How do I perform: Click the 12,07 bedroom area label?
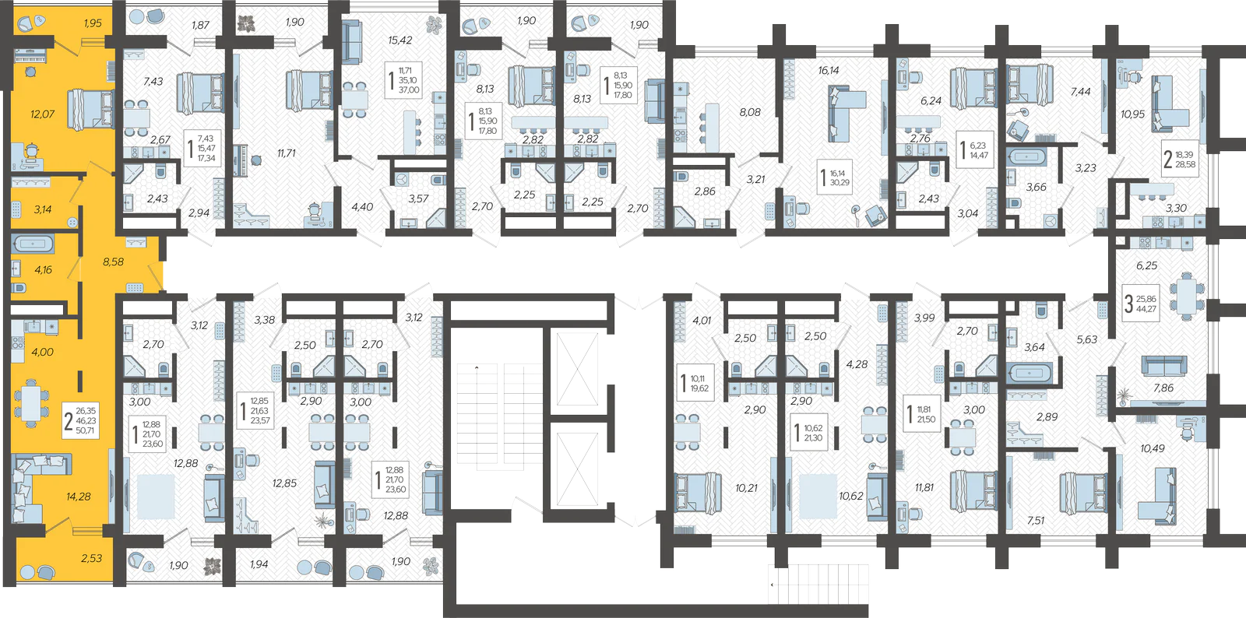click(x=42, y=114)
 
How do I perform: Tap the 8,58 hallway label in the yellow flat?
click(x=114, y=262)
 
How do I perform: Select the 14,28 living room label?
click(x=79, y=497)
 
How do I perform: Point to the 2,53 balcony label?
click(x=92, y=558)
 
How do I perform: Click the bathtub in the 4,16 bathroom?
click(x=33, y=244)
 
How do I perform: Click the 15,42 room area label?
click(x=400, y=40)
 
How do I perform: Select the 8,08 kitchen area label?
click(x=750, y=112)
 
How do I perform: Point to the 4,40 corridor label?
click(x=362, y=207)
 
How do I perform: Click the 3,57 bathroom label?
click(x=418, y=199)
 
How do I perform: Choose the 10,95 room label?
click(x=1132, y=114)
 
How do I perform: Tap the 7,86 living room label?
click(x=1163, y=388)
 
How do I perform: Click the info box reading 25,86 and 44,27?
click(x=1140, y=304)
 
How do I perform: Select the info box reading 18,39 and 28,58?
click(x=1179, y=160)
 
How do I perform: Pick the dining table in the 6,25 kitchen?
click(x=1186, y=297)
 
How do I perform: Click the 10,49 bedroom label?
click(x=1152, y=448)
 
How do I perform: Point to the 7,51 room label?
click(x=1036, y=521)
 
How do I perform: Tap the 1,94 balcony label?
click(x=259, y=564)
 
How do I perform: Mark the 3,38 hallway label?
click(x=265, y=320)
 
